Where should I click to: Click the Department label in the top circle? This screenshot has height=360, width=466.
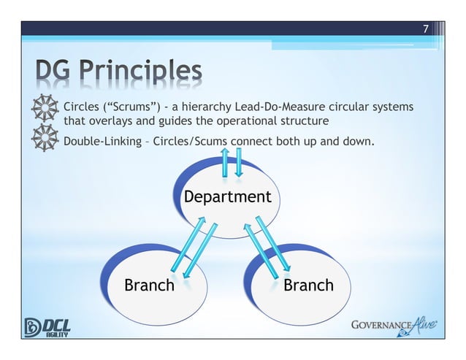[x=227, y=197]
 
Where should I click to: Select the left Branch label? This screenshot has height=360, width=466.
[x=149, y=285]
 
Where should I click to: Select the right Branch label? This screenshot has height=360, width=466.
[x=308, y=285]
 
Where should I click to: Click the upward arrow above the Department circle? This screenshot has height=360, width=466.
[x=226, y=162]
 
